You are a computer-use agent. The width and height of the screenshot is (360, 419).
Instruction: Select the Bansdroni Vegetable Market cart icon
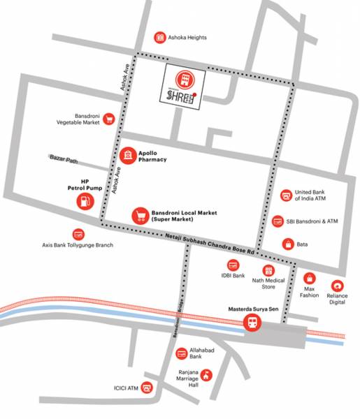[x=109, y=119]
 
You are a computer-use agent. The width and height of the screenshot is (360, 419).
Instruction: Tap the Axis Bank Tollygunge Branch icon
[x=78, y=234]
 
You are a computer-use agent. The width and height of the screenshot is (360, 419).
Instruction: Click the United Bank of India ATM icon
[x=285, y=196]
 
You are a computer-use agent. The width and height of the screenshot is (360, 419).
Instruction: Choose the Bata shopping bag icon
[x=287, y=244]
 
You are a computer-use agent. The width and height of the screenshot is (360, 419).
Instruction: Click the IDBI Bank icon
[x=233, y=265]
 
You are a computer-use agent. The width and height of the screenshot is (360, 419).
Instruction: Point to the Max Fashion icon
[x=310, y=279]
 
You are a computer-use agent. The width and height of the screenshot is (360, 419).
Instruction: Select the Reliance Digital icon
[x=338, y=285]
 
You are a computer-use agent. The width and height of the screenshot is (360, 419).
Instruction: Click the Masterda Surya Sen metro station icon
[x=250, y=323]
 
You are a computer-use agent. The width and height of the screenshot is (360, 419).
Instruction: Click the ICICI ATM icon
[x=147, y=388]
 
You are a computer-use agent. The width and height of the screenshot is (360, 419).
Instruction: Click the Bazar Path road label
[x=64, y=159]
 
